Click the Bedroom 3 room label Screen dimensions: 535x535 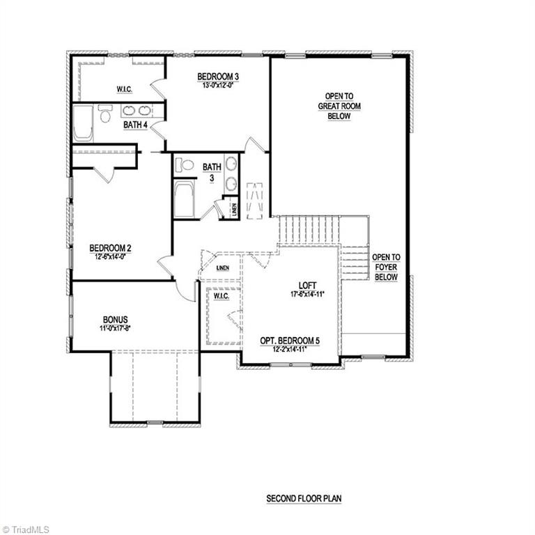click(217, 77)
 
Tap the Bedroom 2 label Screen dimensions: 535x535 click(111, 248)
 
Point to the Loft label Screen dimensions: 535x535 click(307, 285)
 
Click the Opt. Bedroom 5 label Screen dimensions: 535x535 click(290, 340)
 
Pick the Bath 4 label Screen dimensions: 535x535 click(136, 125)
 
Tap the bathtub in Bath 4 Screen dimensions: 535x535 click(83, 123)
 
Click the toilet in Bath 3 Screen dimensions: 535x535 click(185, 165)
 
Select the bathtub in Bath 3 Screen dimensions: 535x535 click(185, 199)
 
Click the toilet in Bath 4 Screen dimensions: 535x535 click(105, 114)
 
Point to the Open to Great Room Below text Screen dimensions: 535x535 click(339, 106)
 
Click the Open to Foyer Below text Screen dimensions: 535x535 click(386, 267)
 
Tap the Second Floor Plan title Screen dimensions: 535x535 click(304, 499)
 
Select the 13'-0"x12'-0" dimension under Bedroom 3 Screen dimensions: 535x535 click(217, 86)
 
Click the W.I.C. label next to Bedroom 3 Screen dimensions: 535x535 click(125, 90)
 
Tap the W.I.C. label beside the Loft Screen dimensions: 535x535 click(222, 296)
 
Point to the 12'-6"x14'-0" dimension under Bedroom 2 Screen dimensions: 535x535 click(111, 256)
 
